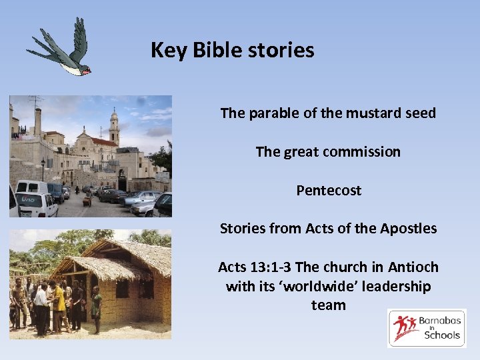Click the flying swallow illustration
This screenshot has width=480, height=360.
pos(62,50)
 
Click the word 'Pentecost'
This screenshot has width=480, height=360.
pos(329,191)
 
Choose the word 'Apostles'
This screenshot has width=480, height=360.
pos(410,229)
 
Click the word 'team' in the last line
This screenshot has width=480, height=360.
pos(329,305)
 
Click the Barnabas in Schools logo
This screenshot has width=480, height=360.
pos(427,328)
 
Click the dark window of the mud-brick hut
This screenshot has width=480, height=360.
pos(122,289)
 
